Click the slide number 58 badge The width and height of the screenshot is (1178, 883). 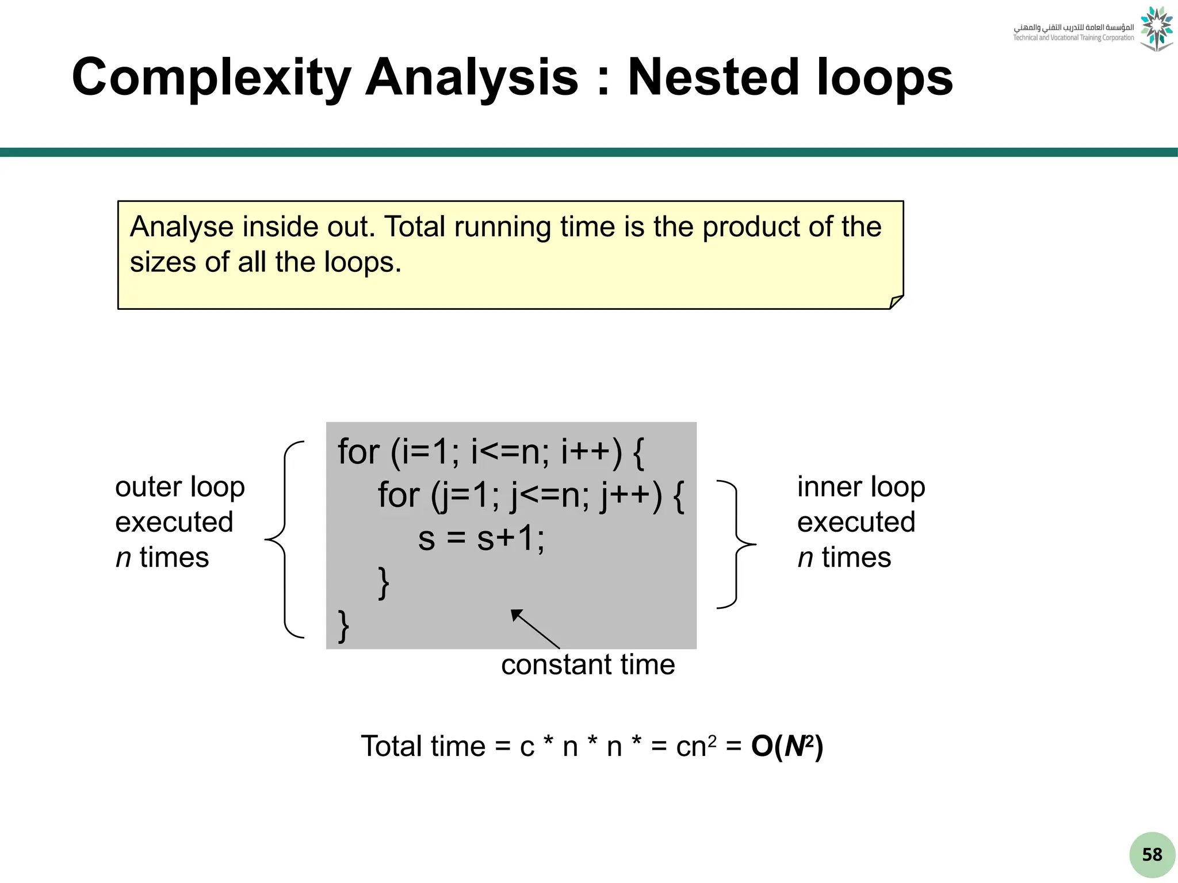(1152, 854)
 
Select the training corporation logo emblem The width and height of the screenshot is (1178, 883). (1156, 29)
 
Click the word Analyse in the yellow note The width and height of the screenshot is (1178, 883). (181, 226)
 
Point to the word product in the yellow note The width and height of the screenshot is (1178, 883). (751, 226)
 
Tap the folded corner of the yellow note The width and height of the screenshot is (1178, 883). (896, 302)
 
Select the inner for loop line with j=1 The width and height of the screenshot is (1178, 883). (530, 496)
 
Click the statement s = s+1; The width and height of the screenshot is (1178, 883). (481, 539)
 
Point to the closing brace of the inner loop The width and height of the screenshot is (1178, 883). (384, 583)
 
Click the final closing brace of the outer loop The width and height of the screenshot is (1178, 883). (343, 625)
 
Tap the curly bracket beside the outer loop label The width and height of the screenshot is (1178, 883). (285, 539)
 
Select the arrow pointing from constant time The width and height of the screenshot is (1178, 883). (535, 629)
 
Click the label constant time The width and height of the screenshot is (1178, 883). (587, 665)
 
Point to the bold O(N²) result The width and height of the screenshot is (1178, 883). (787, 746)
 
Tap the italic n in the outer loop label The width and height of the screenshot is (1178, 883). (123, 558)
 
